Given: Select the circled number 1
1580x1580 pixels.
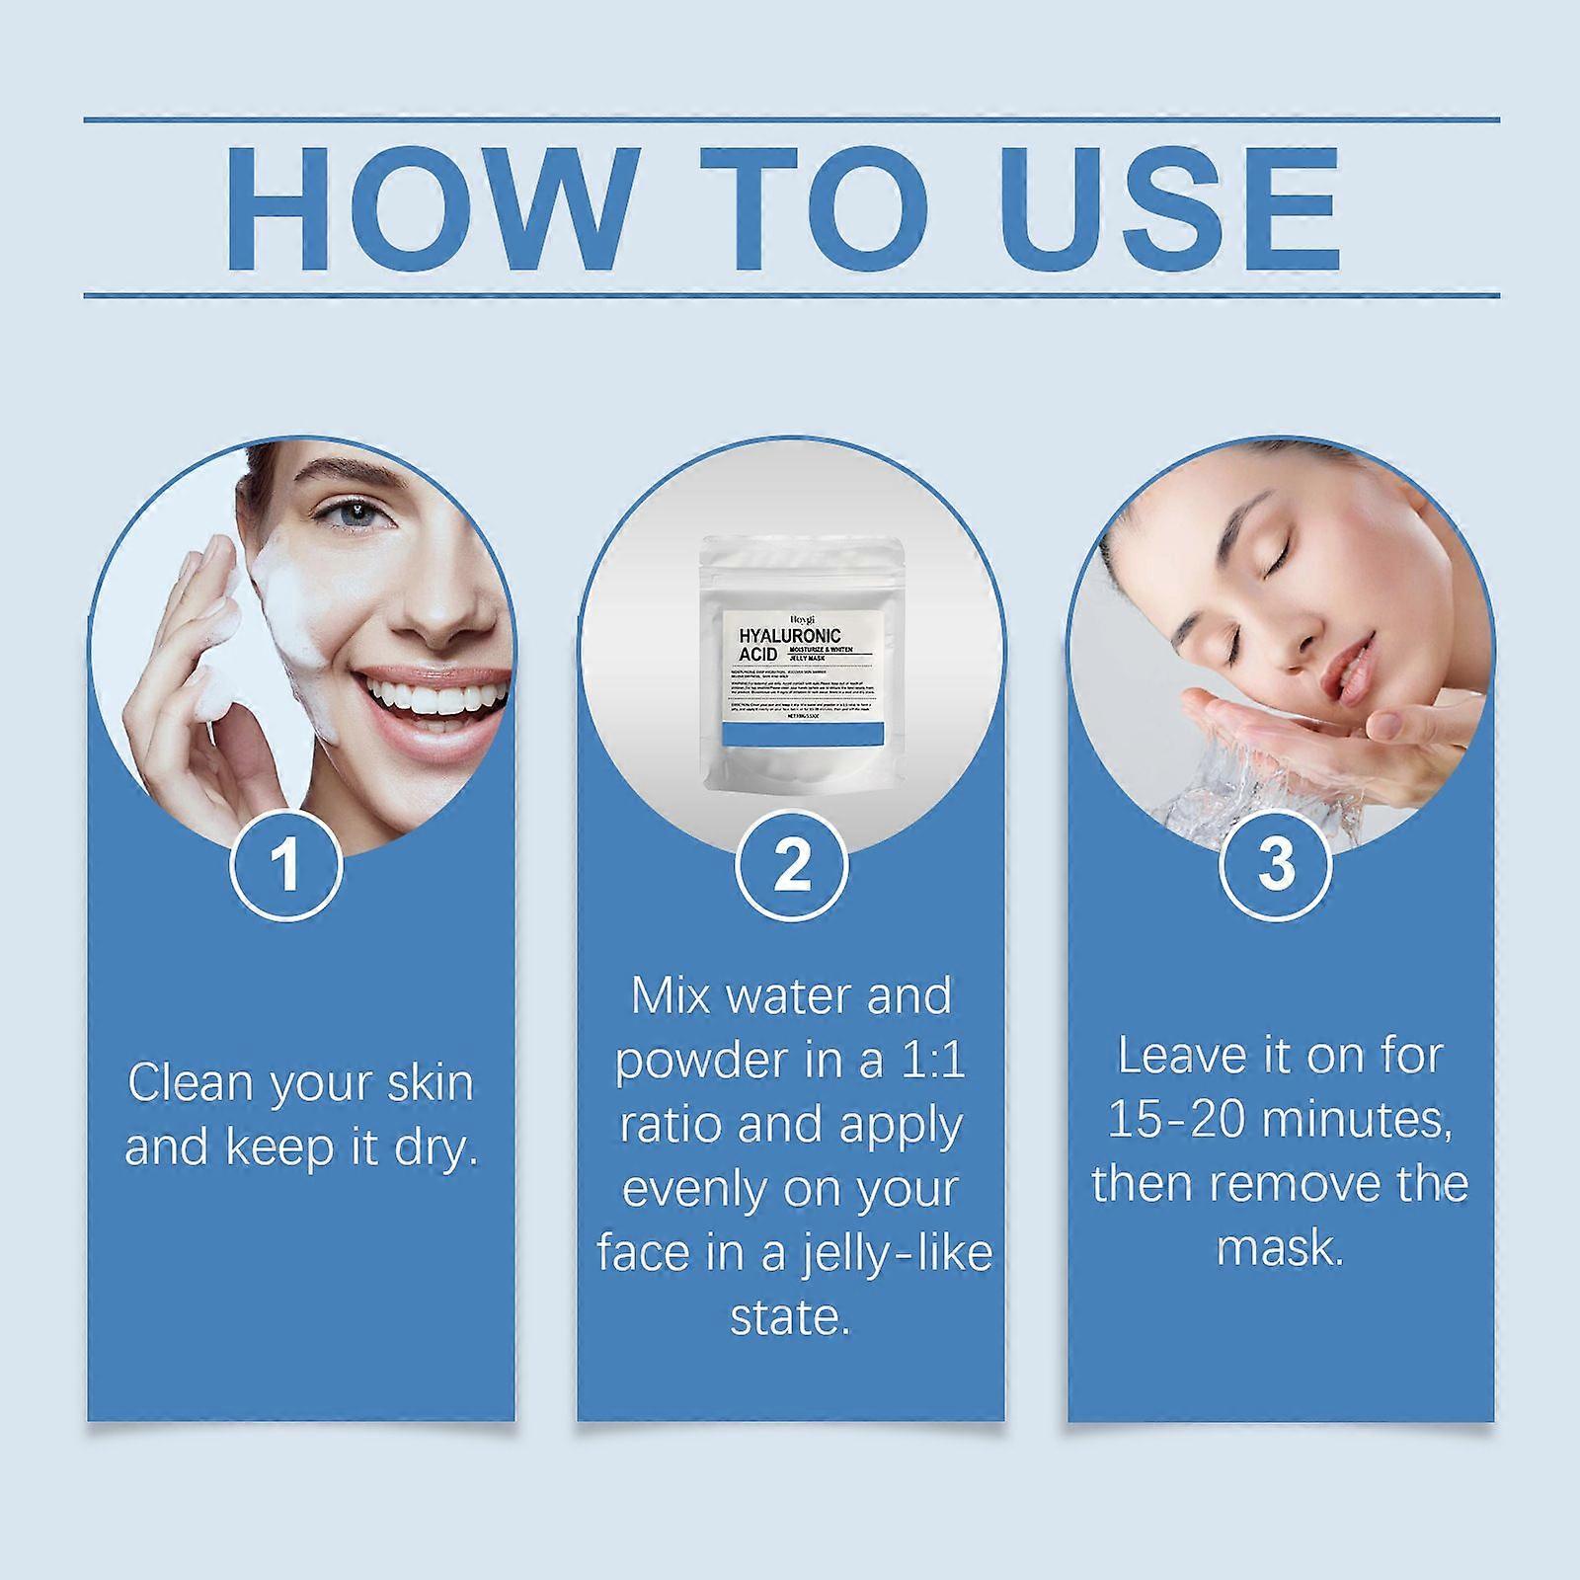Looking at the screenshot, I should [x=286, y=864].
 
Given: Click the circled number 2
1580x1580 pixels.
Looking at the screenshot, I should [x=790, y=864].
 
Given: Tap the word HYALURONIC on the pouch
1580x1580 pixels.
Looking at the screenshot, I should [x=790, y=637].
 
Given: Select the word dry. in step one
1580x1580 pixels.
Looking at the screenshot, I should [x=434, y=1147].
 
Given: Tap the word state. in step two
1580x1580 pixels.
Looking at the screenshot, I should [x=790, y=1318].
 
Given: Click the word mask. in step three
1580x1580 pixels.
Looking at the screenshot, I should [x=1280, y=1247].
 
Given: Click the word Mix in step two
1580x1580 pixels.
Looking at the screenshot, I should [x=671, y=996].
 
